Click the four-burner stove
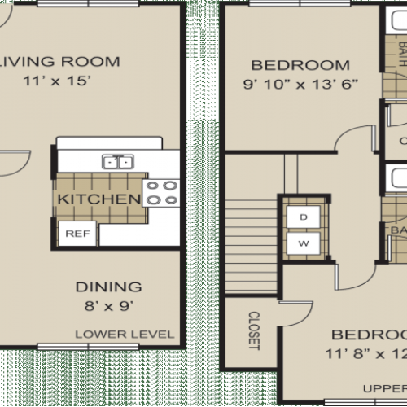tap(160, 192)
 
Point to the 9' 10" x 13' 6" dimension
tap(300, 83)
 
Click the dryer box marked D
tap(303, 217)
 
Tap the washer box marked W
tap(303, 242)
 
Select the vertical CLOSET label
tap(253, 330)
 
